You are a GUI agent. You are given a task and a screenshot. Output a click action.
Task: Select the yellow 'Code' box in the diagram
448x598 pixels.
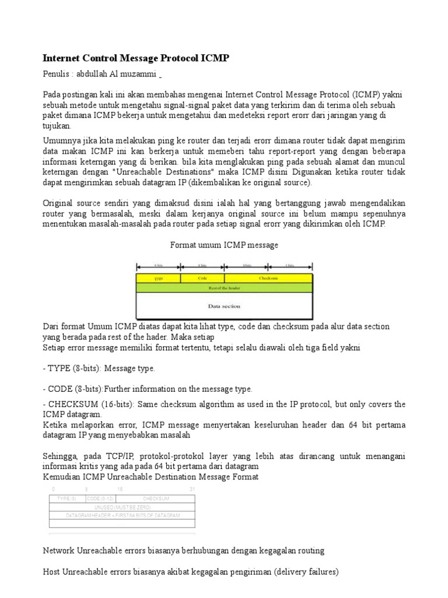coord(202,279)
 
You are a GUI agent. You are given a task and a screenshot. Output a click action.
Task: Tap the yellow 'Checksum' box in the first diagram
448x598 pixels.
coord(268,279)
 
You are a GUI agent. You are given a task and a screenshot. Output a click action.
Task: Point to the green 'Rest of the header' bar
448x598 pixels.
coord(224,287)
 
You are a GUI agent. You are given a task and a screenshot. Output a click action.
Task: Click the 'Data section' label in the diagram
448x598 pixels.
coord(224,305)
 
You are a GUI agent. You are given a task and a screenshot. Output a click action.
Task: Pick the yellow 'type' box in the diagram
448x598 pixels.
coord(159,279)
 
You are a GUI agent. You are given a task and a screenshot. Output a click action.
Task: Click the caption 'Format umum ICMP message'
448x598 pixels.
coord(224,245)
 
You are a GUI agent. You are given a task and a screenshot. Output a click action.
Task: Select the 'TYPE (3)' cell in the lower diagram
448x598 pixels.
coord(67,499)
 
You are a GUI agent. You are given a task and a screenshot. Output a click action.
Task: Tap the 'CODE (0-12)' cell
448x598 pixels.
coord(100,499)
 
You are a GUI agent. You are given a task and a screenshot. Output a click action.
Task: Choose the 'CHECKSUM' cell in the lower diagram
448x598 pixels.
coord(156,499)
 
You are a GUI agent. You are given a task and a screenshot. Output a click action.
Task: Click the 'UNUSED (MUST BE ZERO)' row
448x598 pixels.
coord(123,507)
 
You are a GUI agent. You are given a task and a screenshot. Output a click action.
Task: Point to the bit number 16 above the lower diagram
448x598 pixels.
coord(120,489)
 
